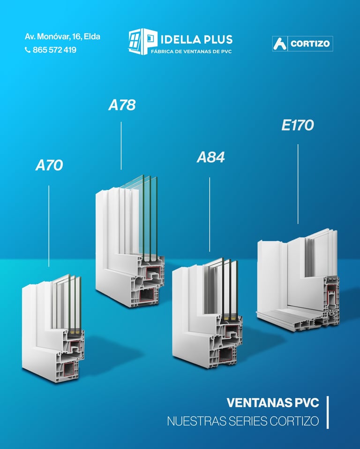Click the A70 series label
pos(49,165)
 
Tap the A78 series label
pos(122,105)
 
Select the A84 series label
pos(210,158)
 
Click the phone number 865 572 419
pos(54,50)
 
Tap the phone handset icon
pos(28,50)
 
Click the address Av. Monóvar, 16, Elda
pos(62,36)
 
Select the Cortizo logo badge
pos(302,44)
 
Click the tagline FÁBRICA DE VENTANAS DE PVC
pos(191,51)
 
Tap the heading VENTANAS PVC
pos(273,403)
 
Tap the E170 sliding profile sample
pos(298,282)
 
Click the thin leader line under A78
pos(121,145)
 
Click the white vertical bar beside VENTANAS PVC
pos(327,412)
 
